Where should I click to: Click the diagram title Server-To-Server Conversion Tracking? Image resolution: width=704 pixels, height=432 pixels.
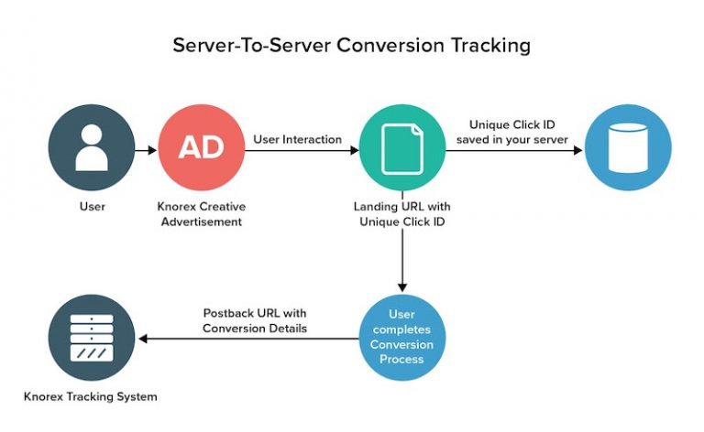click(x=352, y=44)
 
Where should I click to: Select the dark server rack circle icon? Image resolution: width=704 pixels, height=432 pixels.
click(x=91, y=338)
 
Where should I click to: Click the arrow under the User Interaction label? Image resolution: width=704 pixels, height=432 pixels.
click(x=302, y=148)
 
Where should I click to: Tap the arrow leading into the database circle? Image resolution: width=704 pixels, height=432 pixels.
click(x=514, y=148)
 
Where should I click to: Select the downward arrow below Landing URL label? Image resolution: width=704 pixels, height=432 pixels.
click(x=401, y=261)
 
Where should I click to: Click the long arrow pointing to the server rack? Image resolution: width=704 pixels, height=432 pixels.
click(x=247, y=339)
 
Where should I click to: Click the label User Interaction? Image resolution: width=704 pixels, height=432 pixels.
click(x=297, y=139)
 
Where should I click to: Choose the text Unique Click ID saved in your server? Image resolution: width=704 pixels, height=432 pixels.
click(x=511, y=131)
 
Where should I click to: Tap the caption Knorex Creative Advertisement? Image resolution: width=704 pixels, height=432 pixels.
click(x=202, y=213)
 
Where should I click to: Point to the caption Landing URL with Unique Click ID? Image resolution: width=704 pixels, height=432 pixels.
click(x=401, y=213)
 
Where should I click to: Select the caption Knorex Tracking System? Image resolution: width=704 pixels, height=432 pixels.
click(x=91, y=396)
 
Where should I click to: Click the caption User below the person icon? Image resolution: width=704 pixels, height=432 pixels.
click(x=92, y=207)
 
